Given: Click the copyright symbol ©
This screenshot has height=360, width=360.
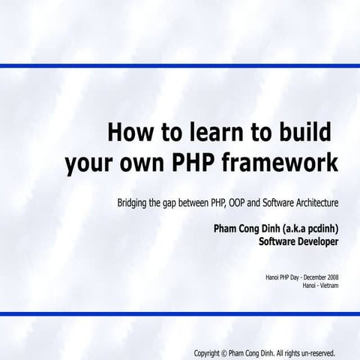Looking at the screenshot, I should click(x=223, y=352).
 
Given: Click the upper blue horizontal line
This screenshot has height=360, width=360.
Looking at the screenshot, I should click(x=180, y=66).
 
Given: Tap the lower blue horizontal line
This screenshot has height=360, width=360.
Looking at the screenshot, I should click(x=180, y=313).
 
